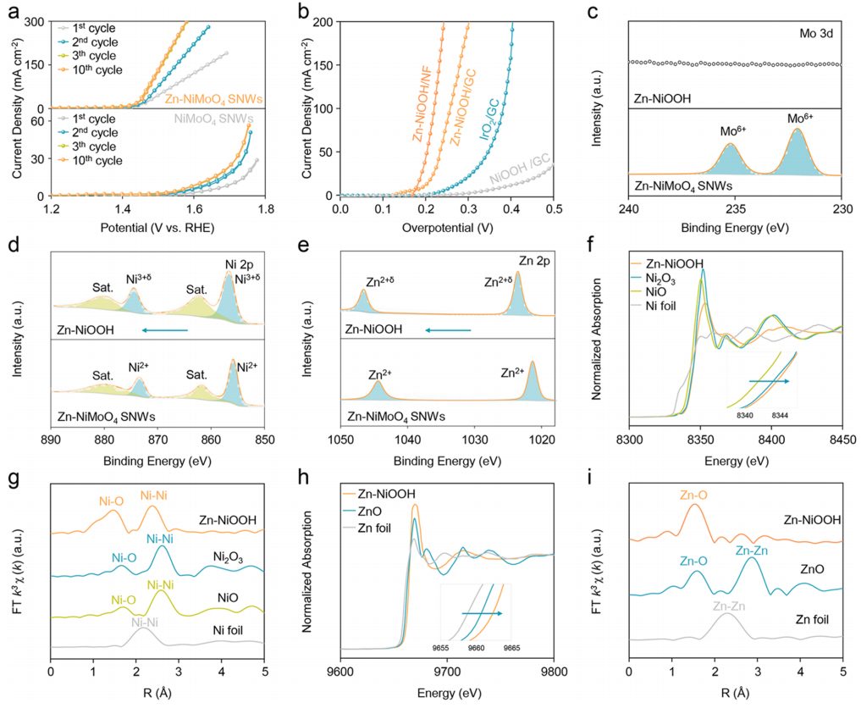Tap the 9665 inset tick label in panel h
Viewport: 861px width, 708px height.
pyautogui.click(x=511, y=647)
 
